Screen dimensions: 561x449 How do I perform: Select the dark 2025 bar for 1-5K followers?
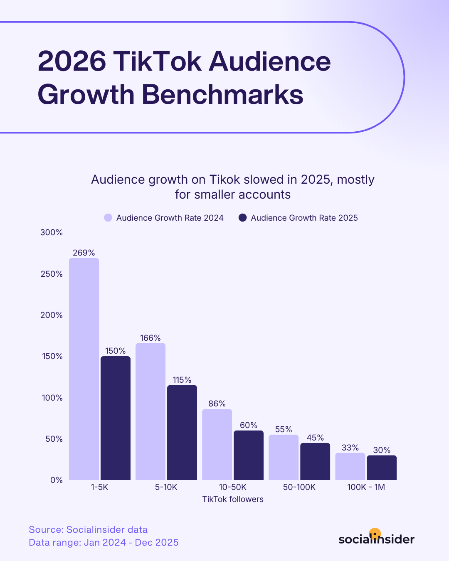116,418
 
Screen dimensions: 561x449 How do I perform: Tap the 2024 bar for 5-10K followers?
150,411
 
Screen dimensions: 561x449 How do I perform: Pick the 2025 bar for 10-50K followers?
249,455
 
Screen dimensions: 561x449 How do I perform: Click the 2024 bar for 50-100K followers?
284,457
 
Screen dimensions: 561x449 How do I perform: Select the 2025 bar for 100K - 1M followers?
382,467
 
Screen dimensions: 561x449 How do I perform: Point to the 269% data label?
84,253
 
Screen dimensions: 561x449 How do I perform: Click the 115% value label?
182,380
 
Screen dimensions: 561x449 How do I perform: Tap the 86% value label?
217,404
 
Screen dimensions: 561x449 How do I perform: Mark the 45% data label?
315,438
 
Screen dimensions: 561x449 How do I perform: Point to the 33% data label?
350,448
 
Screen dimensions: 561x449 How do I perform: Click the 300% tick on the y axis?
52,232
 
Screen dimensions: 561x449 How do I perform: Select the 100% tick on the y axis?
52,398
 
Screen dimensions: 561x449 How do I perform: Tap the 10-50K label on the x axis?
233,487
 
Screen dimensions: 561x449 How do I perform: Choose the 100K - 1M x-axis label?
366,487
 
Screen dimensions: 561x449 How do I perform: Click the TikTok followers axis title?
233,499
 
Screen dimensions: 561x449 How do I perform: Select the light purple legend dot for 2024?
108,218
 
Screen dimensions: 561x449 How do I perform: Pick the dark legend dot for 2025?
243,218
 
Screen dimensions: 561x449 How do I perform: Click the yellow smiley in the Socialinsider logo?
375,534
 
